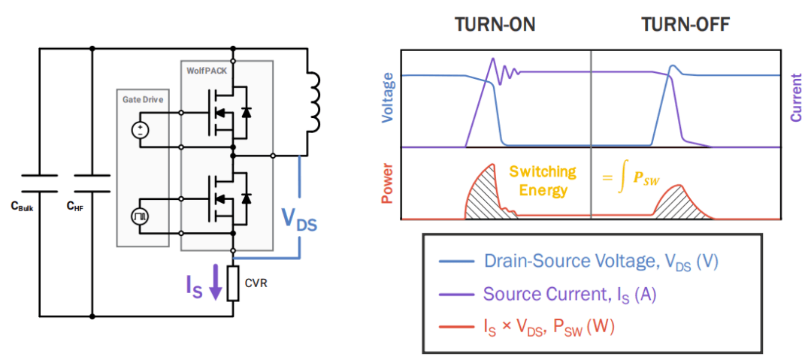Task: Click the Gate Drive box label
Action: point(143,98)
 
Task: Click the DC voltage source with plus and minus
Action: point(140,129)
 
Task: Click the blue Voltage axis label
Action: point(388,98)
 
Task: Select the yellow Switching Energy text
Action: point(542,180)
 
